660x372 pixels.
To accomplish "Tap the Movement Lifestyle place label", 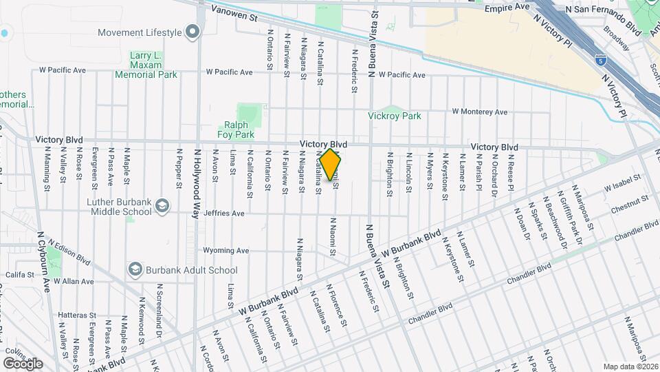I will [140, 32].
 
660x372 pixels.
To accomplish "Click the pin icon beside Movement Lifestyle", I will [192, 32].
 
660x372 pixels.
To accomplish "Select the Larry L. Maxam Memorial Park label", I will [146, 65].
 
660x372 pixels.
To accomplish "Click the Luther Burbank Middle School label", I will [121, 207].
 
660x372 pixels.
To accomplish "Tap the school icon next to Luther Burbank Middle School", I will [162, 206].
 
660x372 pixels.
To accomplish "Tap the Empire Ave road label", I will [507, 7].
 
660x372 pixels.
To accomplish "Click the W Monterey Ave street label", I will [479, 112].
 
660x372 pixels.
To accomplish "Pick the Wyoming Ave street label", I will [225, 250].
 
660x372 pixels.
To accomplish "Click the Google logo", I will [23, 363].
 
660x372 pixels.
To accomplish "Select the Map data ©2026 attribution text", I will [630, 366].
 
